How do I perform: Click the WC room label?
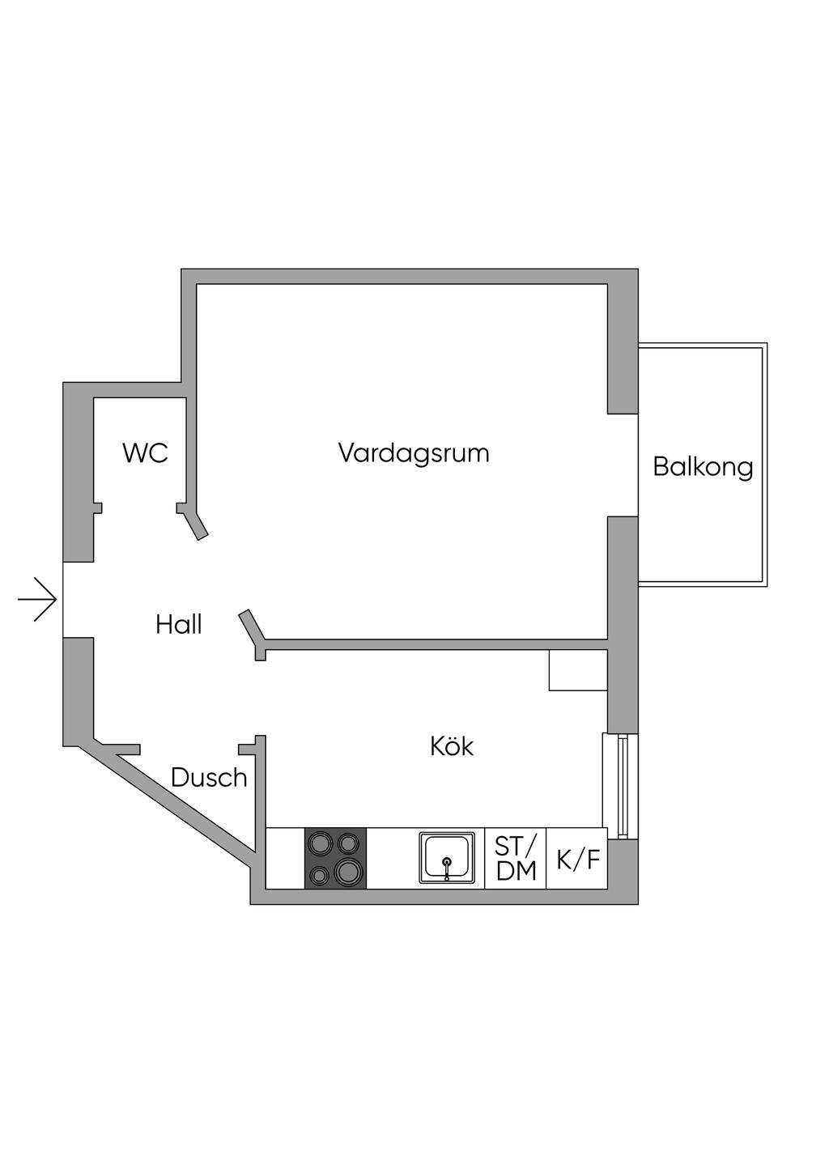pyautogui.click(x=146, y=452)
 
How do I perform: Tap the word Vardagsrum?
pyautogui.click(x=414, y=453)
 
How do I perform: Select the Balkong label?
pyautogui.click(x=703, y=467)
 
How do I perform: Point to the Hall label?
pyautogui.click(x=178, y=624)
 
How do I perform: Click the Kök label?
pyautogui.click(x=452, y=746)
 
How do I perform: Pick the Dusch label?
pyautogui.click(x=209, y=778)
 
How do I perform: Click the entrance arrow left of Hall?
pyautogui.click(x=36, y=599)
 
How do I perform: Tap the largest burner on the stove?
pyautogui.click(x=347, y=871)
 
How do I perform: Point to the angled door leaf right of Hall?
pyautogui.click(x=252, y=626)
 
